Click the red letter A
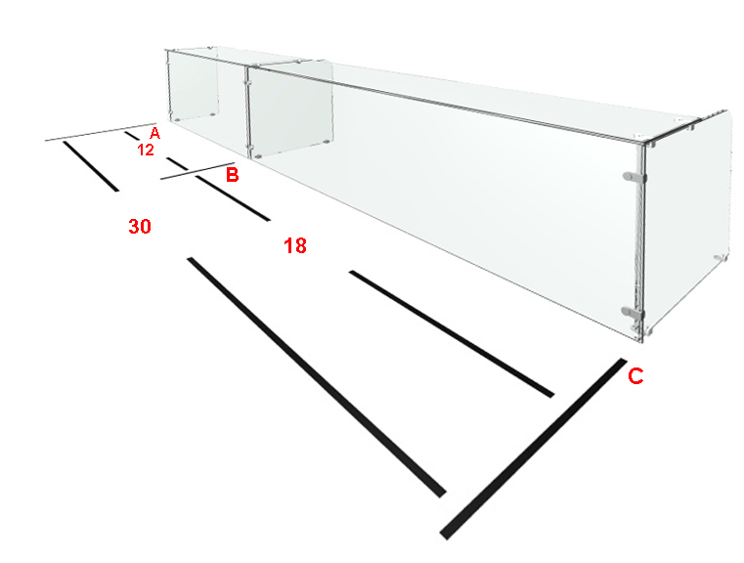(154, 134)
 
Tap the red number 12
(146, 151)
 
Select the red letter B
(232, 175)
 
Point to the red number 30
(140, 227)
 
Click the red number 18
(295, 245)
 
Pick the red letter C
(635, 376)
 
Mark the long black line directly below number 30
(317, 377)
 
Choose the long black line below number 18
(452, 334)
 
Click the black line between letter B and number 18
(233, 197)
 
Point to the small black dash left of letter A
(132, 136)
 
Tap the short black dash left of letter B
(177, 163)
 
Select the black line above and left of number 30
(91, 166)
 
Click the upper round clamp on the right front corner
(634, 177)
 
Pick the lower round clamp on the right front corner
(633, 312)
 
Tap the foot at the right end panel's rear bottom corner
(721, 257)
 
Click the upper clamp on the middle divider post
(246, 82)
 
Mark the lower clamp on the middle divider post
(247, 146)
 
